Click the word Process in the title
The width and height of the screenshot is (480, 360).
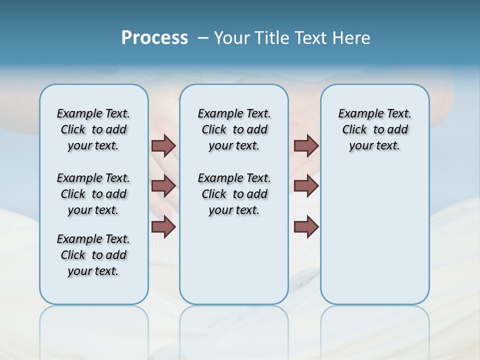point(154,37)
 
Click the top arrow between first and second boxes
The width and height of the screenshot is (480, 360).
point(163,145)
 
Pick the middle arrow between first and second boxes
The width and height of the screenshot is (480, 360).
point(163,186)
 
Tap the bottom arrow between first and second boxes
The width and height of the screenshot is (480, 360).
point(163,227)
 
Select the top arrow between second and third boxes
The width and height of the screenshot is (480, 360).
point(306,145)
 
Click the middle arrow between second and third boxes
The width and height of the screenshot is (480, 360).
point(306,186)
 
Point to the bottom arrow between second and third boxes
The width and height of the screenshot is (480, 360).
point(306,227)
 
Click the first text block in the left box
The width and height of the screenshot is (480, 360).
point(93,129)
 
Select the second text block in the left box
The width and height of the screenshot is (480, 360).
point(93,194)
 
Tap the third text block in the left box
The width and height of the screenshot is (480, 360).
point(93,255)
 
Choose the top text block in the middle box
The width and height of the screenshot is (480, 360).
point(234,129)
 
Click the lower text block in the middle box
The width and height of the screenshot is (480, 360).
point(234,194)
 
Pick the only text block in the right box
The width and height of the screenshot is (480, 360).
point(375,129)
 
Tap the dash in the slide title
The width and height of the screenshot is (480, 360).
point(203,38)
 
